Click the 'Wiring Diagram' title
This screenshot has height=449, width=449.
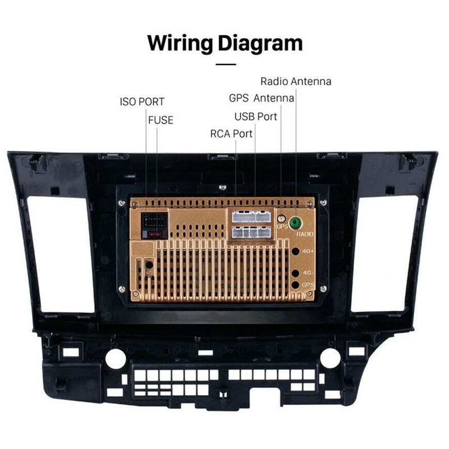(x=224, y=43)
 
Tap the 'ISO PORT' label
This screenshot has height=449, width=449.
(x=142, y=102)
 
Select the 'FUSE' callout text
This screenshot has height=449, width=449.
(x=161, y=120)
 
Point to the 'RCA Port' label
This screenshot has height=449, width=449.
(x=231, y=134)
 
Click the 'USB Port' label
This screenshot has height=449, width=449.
(x=255, y=116)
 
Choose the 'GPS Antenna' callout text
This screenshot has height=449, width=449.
(x=261, y=98)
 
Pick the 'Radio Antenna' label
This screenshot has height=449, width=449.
(x=295, y=81)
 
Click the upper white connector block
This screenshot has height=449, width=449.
(x=250, y=216)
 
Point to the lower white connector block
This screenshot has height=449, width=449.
(x=250, y=231)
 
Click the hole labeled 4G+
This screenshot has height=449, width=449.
(x=296, y=251)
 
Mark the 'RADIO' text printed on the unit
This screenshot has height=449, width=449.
(x=305, y=233)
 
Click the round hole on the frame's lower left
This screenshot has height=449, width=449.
(x=116, y=358)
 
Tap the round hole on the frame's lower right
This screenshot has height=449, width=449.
(x=330, y=358)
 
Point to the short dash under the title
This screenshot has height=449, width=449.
(x=225, y=65)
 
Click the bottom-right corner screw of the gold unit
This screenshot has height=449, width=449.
(x=323, y=288)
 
